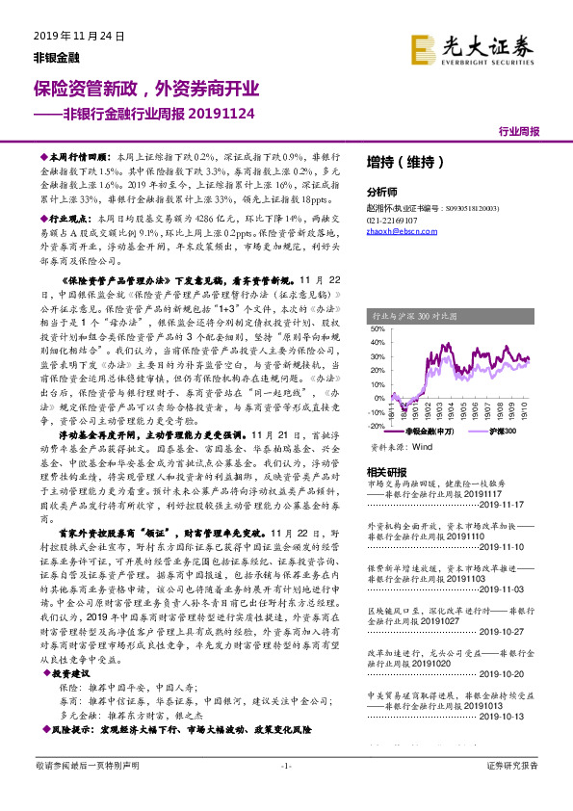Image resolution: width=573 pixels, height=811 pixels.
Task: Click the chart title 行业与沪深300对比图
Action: (x=415, y=314)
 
